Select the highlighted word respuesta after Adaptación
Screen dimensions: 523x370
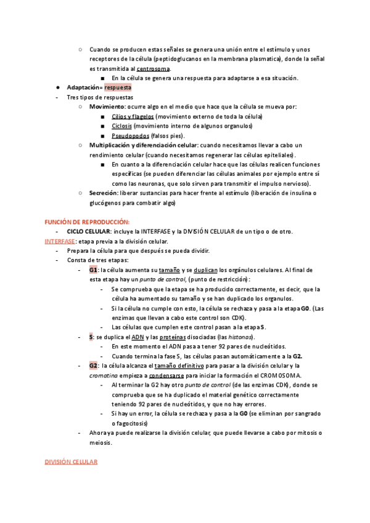pos(118,88)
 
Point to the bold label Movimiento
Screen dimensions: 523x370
pos(109,107)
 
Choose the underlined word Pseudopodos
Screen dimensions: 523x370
pos(129,136)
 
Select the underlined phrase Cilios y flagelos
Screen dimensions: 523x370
pos(133,117)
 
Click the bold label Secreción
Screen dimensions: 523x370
pos(103,193)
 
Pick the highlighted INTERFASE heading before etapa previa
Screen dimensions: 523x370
pos(60,241)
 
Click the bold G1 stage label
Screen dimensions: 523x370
pos(93,270)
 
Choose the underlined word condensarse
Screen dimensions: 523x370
pos(188,375)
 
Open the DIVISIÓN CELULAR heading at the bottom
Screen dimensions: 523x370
pos(71,462)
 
